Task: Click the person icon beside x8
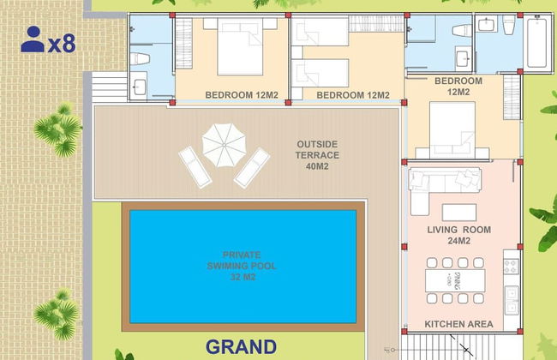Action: click(33, 39)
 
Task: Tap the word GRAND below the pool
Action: click(241, 347)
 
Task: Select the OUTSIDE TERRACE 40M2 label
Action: click(317, 155)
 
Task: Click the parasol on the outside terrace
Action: click(223, 143)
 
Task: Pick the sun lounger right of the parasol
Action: click(252, 166)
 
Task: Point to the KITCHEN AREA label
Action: click(458, 324)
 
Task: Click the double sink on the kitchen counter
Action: click(512, 301)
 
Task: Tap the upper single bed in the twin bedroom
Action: click(320, 33)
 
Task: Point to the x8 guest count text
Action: click(62, 43)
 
